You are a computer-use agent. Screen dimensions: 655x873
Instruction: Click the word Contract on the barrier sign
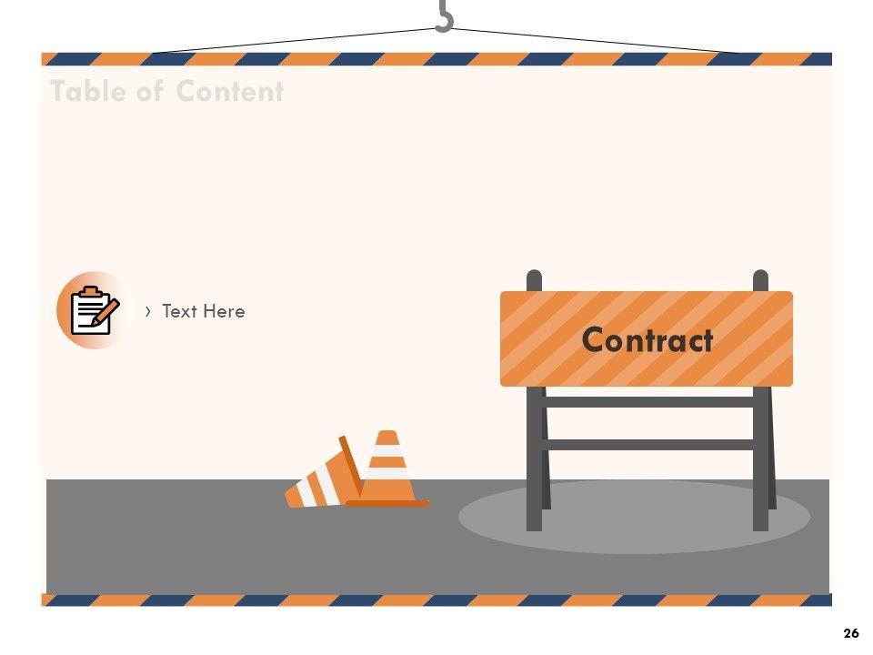(647, 340)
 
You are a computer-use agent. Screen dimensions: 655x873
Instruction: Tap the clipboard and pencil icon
(93, 310)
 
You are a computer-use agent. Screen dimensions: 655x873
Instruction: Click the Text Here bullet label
(203, 311)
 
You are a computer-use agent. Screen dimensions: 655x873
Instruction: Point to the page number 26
(851, 633)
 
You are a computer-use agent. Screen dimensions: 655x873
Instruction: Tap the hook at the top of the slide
(444, 16)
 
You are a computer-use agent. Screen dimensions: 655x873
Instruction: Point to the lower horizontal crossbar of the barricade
(647, 445)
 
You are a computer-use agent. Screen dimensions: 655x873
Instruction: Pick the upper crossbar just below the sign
(647, 401)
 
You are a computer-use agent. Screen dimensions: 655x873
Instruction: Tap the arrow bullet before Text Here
(148, 311)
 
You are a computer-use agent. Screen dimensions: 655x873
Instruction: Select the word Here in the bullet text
(225, 311)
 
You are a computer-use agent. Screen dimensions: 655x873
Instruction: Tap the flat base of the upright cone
(387, 502)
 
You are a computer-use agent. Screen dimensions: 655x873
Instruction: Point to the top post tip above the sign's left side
(534, 278)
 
